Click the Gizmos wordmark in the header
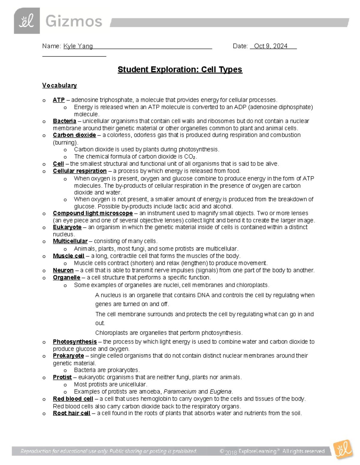point(74,22)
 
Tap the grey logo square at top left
point(27,21)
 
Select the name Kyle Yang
point(78,46)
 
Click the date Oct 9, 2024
point(270,46)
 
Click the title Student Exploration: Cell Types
point(180,69)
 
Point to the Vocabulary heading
point(59,85)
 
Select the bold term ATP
point(59,100)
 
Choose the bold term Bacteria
point(64,121)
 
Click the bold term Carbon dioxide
point(74,135)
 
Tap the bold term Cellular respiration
point(79,171)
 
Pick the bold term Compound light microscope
point(93,213)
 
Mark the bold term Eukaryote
point(67,227)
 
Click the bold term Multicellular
point(70,241)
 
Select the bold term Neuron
point(63,270)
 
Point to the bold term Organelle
point(67,278)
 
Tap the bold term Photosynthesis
point(75,342)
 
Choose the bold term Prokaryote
point(68,356)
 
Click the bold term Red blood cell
point(73,399)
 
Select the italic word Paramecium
point(180,392)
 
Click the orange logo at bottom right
point(343,449)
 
